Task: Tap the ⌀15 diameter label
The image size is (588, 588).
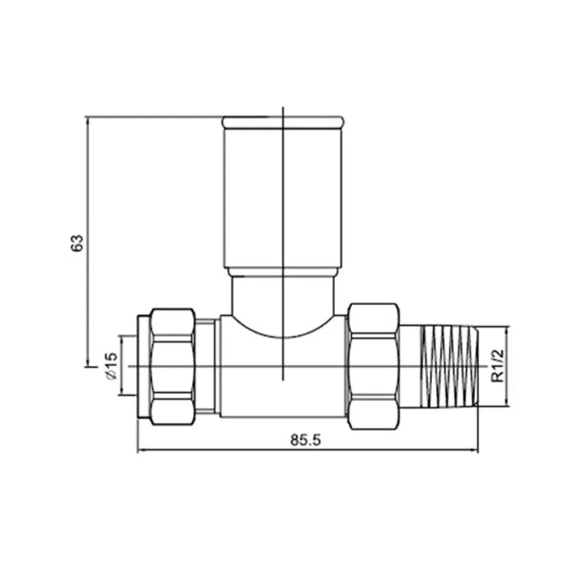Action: coord(111,366)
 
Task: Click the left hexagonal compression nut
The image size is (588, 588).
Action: coord(172,366)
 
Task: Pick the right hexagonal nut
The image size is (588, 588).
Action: coord(373,366)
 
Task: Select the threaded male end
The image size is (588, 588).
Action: coord(450,366)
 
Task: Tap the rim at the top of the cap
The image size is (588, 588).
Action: coord(282,122)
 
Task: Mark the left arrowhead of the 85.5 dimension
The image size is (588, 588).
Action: coord(141,452)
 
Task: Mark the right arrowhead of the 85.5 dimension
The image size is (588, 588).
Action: coord(475,452)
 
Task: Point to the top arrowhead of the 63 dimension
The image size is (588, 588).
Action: coord(88,120)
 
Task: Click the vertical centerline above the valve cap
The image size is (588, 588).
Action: coord(283,112)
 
